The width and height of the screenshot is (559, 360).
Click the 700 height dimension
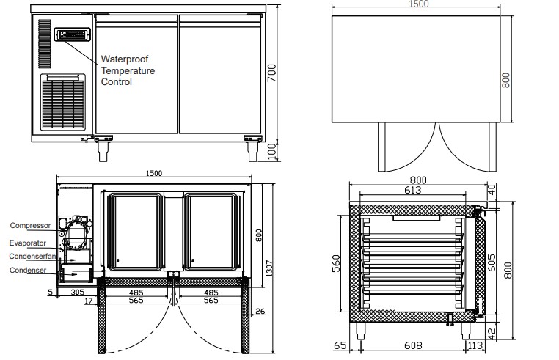(272, 73)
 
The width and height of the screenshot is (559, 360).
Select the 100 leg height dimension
(271, 152)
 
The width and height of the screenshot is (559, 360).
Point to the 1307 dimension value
(269, 268)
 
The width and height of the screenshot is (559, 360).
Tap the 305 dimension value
(77, 293)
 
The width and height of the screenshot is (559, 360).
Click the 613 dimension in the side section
(412, 190)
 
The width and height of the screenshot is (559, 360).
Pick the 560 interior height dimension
(336, 263)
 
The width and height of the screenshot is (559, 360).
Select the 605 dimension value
(492, 262)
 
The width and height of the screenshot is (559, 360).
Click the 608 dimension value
(413, 345)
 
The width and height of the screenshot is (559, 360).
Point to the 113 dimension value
(475, 345)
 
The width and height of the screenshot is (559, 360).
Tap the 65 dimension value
(340, 345)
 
